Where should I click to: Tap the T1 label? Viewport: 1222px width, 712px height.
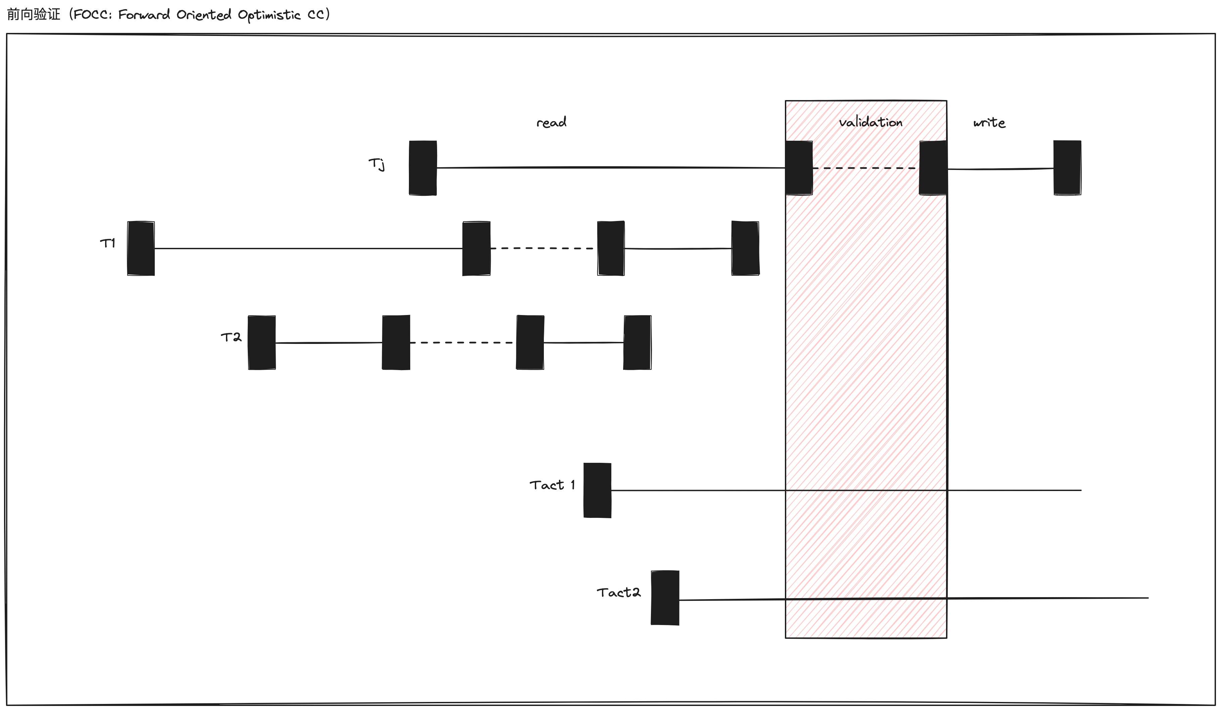tap(108, 243)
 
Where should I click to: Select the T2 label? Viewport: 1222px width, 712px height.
tap(231, 337)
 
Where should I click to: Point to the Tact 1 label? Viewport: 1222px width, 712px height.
tap(552, 485)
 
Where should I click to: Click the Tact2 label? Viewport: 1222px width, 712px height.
tap(618, 593)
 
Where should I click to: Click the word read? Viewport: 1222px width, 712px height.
tap(551, 122)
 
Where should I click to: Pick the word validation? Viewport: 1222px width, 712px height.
tap(871, 122)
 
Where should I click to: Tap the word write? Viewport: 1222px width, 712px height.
tap(989, 123)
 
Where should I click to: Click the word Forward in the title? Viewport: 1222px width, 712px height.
tap(144, 15)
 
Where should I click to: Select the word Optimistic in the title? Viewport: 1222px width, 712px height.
tap(269, 15)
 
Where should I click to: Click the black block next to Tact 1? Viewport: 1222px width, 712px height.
tap(597, 490)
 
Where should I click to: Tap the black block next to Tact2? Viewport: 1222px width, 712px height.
tap(665, 598)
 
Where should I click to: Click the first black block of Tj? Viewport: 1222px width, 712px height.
tap(423, 168)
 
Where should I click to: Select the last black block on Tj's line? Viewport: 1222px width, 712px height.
tap(1067, 168)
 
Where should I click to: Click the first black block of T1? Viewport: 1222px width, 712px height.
tap(141, 248)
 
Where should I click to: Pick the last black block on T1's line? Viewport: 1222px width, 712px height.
tap(745, 248)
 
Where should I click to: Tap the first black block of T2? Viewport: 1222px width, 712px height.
tap(262, 343)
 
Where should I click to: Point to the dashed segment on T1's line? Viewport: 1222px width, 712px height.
tap(543, 248)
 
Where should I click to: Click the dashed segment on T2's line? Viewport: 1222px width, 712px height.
tap(463, 343)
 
